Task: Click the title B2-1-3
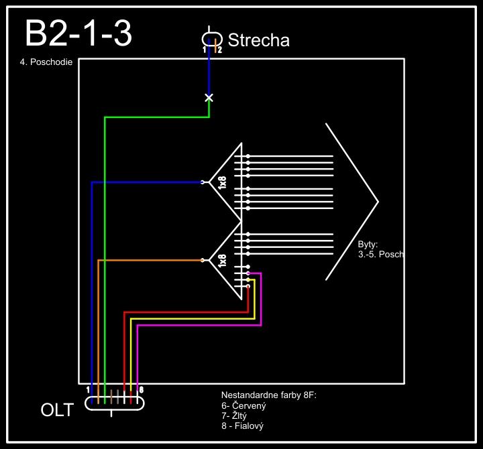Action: [78, 34]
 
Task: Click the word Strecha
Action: [258, 40]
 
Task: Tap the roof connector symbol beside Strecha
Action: [212, 39]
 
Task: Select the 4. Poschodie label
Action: [46, 68]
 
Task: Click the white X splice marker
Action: [209, 98]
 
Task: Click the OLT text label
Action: [57, 410]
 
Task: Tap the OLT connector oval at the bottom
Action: [115, 403]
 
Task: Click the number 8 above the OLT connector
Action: [140, 389]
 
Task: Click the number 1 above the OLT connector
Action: [89, 389]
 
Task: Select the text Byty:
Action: [368, 245]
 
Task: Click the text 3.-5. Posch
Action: [380, 255]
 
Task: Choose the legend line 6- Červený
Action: [244, 406]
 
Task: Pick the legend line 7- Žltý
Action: [234, 416]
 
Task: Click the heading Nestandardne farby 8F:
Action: [268, 395]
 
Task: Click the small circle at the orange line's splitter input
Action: [203, 260]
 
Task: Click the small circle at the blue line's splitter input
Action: [203, 182]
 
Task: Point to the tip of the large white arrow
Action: [378, 201]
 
